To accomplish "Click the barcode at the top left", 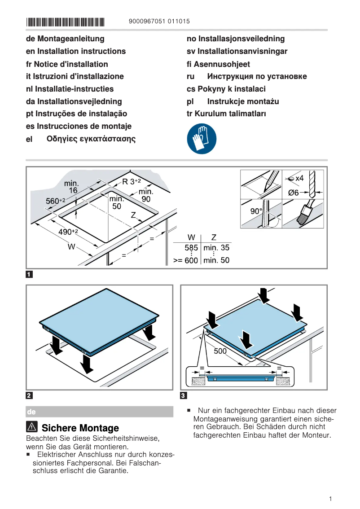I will point(65,22).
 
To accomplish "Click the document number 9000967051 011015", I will point(159,21).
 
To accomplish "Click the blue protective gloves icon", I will point(202,139).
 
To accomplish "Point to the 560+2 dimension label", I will point(56,201).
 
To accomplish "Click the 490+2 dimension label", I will point(69,232).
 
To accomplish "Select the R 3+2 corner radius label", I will point(132,182).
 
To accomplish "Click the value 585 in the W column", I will point(191,248).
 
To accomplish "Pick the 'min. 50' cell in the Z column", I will point(216,260).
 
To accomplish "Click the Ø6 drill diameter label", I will point(293,193).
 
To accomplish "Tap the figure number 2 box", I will point(29,395).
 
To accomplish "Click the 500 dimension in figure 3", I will point(220,351).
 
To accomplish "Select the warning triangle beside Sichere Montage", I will point(32,428).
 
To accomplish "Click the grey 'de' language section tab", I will point(100,412).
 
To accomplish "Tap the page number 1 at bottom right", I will point(330,499).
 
